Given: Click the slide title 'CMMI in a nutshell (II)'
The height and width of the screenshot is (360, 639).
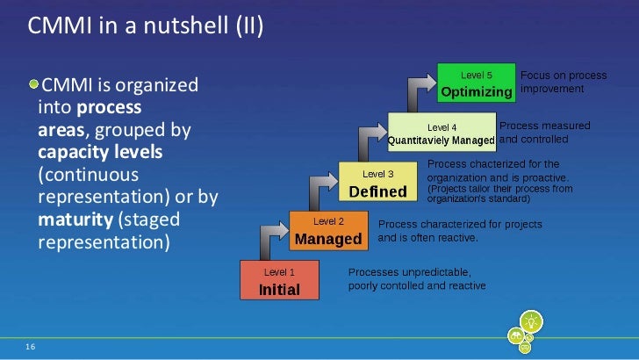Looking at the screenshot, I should point(146,28).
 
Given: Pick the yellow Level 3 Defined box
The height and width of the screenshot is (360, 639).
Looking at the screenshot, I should point(377,184).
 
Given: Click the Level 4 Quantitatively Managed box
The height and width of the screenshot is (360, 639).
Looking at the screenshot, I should point(442,133).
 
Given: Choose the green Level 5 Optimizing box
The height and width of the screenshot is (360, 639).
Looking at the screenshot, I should point(477,84).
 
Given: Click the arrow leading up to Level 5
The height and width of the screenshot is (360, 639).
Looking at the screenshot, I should point(420,88).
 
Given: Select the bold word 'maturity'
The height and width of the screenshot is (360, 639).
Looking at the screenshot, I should point(75,219).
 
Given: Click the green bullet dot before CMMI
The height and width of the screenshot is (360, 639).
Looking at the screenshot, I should point(34,85).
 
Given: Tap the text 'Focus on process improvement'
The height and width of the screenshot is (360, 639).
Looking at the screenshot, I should point(551,82).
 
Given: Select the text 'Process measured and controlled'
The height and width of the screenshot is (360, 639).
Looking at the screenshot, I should point(544,133).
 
